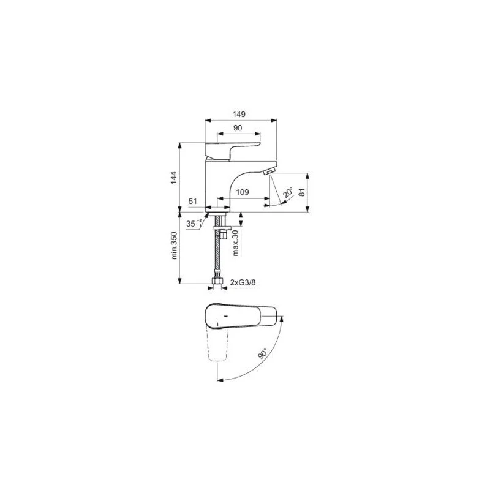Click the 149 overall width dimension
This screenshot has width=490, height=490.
(x=239, y=114)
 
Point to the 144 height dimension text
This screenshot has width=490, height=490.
(x=175, y=178)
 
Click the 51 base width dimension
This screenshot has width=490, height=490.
(x=192, y=201)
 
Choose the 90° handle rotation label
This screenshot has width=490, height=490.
(x=263, y=353)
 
